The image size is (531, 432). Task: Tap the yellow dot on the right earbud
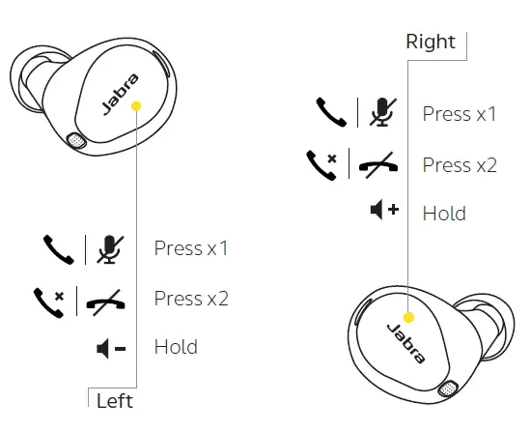tap(408, 316)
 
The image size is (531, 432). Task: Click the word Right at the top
tap(431, 42)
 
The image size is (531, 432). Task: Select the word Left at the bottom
tap(114, 399)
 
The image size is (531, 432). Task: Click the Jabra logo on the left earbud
tap(120, 95)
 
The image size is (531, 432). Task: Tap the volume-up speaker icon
tap(384, 211)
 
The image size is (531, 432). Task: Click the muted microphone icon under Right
tap(381, 113)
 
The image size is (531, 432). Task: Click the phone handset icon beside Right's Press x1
tap(330, 113)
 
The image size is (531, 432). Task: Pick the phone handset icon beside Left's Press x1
tap(58, 249)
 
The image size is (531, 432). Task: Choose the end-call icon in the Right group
tap(376, 165)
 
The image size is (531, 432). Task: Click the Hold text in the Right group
tap(444, 213)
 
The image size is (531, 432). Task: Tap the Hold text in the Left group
tap(176, 346)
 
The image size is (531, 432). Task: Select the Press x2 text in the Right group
tap(460, 164)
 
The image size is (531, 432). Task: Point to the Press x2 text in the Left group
tap(191, 298)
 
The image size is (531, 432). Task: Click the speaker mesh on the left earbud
tap(75, 141)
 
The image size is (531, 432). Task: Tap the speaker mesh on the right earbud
tap(447, 389)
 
